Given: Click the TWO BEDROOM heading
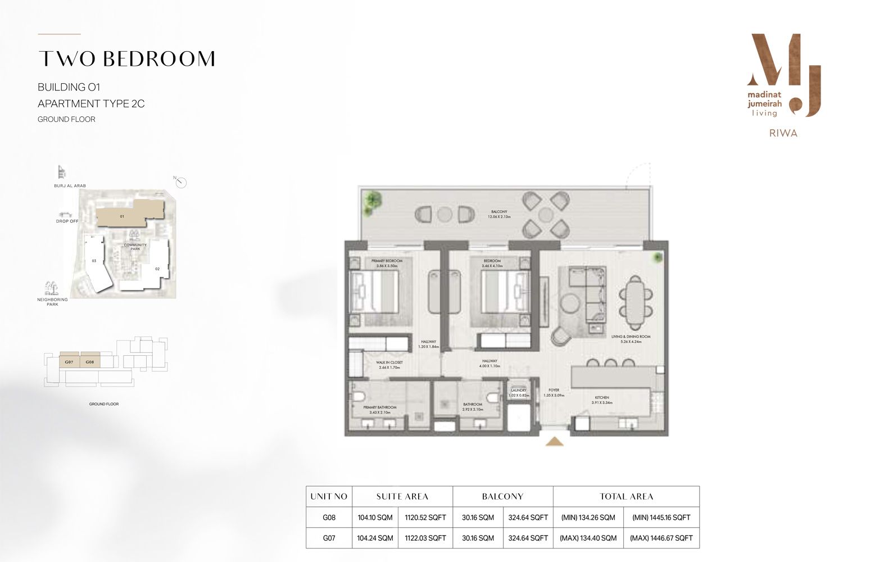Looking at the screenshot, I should click(x=126, y=59).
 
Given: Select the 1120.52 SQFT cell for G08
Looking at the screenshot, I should click(x=425, y=517).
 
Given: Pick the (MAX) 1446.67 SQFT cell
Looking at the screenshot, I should click(x=661, y=538).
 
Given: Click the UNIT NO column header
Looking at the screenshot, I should click(x=329, y=496).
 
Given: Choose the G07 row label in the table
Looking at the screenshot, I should click(x=329, y=538).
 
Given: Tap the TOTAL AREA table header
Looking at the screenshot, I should click(x=626, y=496).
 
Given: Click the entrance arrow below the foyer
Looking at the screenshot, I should click(x=555, y=442).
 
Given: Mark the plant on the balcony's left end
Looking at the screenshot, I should click(x=371, y=199).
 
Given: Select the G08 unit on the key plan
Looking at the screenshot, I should click(x=90, y=362).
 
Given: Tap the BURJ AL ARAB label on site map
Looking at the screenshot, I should click(x=70, y=185).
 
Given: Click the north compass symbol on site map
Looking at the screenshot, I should click(x=180, y=183).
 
